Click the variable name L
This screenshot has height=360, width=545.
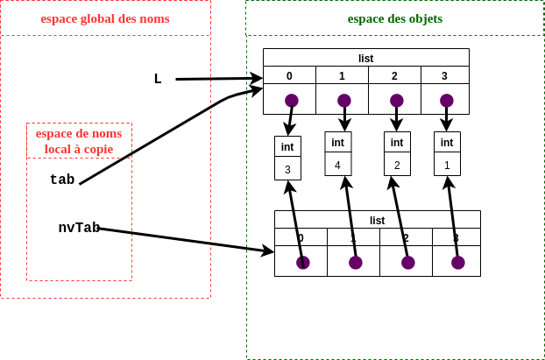158,79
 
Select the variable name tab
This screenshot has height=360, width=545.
62,180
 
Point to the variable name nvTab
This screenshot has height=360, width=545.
79,228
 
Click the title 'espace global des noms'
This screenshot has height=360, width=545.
105,18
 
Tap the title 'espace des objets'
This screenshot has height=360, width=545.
395,18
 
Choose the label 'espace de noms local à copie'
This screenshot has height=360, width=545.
79,141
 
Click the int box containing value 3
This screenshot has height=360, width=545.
287,159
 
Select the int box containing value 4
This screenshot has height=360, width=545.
337,154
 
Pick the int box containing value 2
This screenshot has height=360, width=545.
397,154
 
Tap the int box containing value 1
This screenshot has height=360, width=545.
447,154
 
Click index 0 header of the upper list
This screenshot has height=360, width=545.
289,75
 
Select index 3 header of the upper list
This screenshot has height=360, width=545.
445,75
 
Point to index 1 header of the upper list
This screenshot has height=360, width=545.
342,75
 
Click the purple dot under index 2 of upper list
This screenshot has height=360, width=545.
396,100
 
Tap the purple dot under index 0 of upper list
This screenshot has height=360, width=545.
292,100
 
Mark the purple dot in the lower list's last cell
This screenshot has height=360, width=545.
457,262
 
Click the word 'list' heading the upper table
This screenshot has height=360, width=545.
365,58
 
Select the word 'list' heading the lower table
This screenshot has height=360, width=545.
377,220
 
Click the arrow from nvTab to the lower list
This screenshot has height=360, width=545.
184,240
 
